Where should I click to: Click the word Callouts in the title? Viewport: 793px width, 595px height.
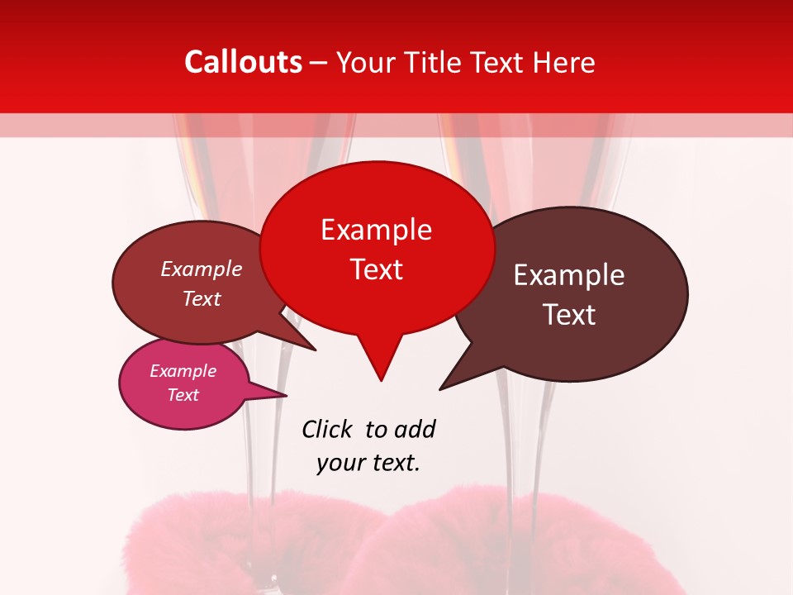[x=243, y=62]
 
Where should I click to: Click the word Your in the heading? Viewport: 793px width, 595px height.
[x=368, y=62]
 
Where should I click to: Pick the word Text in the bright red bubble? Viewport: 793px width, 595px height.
[x=377, y=269]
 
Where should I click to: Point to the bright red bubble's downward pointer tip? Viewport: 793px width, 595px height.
[x=380, y=380]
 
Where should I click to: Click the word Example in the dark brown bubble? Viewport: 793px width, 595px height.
[x=569, y=275]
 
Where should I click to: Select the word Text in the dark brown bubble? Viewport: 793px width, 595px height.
[x=569, y=315]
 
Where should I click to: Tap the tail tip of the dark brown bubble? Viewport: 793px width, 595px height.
[x=440, y=389]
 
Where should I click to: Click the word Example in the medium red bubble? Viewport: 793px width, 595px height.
[x=202, y=269]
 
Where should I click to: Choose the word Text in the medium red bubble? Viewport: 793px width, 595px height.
[x=202, y=298]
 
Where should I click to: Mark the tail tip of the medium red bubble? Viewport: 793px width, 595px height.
[x=316, y=350]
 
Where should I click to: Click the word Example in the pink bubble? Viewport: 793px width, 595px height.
[x=183, y=371]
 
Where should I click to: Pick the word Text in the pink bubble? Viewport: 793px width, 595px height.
[x=183, y=395]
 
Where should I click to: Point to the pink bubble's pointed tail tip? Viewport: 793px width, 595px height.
[x=286, y=395]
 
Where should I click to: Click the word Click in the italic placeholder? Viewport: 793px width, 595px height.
[x=329, y=429]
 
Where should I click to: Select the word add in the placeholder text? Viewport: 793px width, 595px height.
[x=415, y=429]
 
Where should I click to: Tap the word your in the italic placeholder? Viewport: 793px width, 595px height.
[x=340, y=463]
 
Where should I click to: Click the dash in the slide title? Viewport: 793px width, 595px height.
[x=319, y=62]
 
